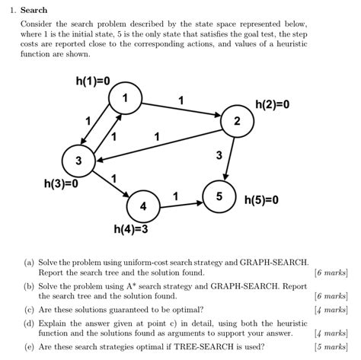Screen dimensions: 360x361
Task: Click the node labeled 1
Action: [126, 98]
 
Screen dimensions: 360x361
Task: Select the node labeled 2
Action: [237, 121]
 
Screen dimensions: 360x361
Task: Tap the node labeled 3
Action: [78, 161]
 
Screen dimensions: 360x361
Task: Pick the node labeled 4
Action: [142, 206]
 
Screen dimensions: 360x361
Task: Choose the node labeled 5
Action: [219, 196]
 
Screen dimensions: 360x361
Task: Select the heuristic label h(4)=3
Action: [131, 228]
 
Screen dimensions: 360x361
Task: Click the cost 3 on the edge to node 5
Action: [219, 155]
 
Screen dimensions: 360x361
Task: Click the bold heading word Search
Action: [34, 10]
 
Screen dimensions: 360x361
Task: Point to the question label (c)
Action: [29, 309]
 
